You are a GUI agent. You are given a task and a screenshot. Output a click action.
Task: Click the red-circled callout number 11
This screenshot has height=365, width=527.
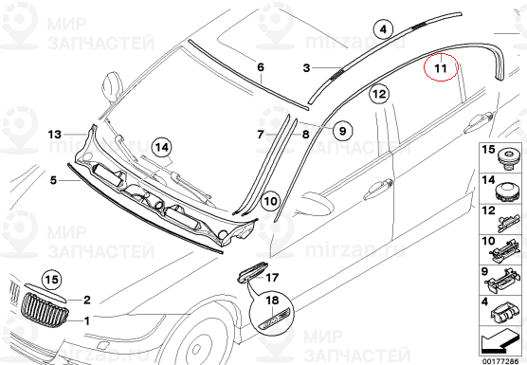[441, 67]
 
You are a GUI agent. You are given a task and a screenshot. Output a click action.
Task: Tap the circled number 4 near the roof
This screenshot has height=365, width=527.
[384, 29]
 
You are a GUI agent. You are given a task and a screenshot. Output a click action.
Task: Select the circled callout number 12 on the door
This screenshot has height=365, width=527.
[379, 94]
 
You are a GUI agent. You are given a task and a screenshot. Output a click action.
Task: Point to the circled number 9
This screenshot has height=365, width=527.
[342, 130]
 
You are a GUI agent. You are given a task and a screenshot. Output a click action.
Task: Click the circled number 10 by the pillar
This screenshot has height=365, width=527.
[271, 201]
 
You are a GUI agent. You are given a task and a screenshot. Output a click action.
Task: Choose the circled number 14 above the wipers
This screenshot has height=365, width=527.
[162, 147]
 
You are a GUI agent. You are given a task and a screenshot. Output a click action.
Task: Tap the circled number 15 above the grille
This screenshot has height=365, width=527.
[52, 280]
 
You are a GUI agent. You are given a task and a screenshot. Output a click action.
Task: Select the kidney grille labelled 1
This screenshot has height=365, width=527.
[45, 310]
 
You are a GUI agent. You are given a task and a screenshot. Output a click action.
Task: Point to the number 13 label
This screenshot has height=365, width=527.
[54, 135]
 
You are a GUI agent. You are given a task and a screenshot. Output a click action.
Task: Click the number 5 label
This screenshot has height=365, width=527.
[53, 180]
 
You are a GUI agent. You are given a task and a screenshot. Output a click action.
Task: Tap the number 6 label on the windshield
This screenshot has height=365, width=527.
[261, 67]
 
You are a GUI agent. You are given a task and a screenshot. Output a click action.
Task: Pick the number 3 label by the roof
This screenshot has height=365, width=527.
[306, 68]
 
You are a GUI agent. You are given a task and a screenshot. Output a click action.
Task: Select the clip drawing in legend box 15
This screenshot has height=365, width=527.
[507, 159]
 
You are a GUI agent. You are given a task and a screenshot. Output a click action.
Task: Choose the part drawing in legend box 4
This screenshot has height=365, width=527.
[504, 314]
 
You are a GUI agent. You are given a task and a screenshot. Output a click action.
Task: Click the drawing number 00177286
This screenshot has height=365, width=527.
[500, 361]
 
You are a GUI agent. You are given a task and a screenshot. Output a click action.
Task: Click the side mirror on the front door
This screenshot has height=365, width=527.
[317, 202]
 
